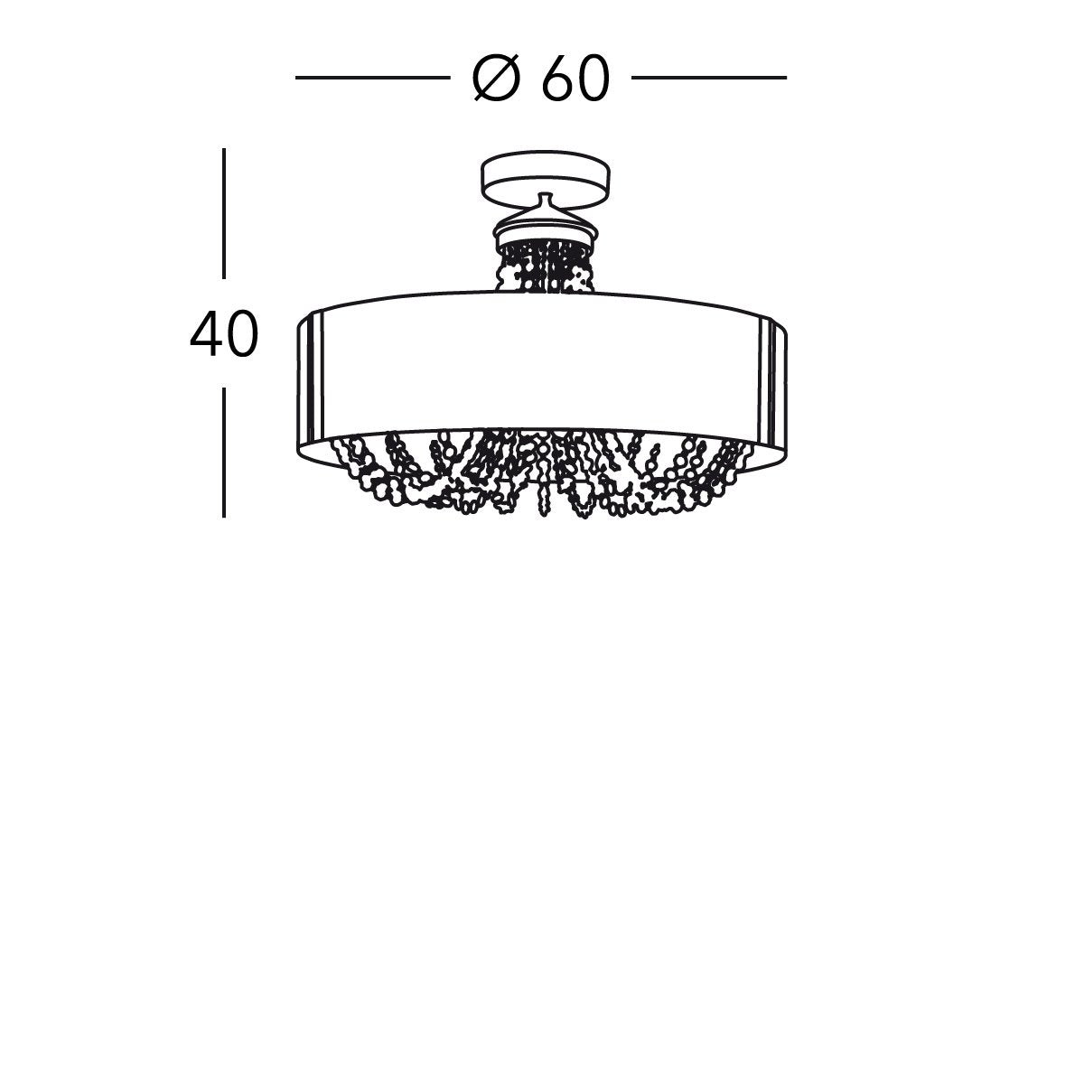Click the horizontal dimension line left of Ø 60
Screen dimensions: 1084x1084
tap(372, 79)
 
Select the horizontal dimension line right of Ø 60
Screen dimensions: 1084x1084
tap(709, 79)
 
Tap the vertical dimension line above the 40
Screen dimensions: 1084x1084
tap(224, 212)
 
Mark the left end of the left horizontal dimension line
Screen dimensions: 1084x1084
tap(298, 79)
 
